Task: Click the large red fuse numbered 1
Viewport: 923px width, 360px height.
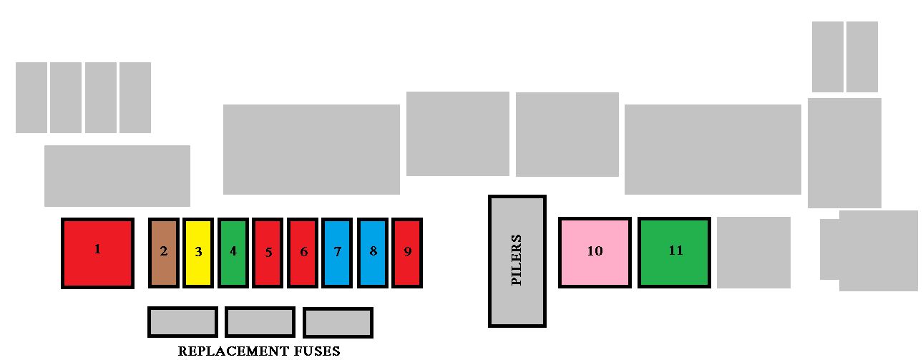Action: (97, 253)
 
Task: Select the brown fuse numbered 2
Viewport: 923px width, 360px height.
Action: (164, 253)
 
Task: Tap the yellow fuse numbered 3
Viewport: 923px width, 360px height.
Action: (198, 253)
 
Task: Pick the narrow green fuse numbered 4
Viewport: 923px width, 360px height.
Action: (233, 253)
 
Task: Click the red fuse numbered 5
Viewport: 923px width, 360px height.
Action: (268, 253)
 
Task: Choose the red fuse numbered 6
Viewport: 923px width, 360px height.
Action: (303, 253)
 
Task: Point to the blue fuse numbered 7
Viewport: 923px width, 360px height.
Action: (337, 253)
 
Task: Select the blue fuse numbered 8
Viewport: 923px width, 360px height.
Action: (373, 253)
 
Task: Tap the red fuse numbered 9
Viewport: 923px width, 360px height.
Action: (407, 253)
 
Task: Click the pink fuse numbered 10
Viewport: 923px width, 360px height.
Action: (595, 253)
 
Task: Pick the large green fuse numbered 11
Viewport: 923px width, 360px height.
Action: (675, 253)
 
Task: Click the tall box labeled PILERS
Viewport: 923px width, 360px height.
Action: (517, 261)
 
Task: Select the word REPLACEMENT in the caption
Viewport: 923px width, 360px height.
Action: (233, 351)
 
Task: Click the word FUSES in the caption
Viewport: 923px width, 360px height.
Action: (317, 351)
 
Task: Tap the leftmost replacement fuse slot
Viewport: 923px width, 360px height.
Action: (183, 322)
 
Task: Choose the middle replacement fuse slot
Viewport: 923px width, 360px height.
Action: (260, 322)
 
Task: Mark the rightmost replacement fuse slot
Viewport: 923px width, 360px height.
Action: (338, 323)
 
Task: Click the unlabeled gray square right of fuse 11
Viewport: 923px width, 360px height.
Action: (753, 253)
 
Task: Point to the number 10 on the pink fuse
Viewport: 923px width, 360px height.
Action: (595, 250)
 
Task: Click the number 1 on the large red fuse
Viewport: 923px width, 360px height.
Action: (97, 249)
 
